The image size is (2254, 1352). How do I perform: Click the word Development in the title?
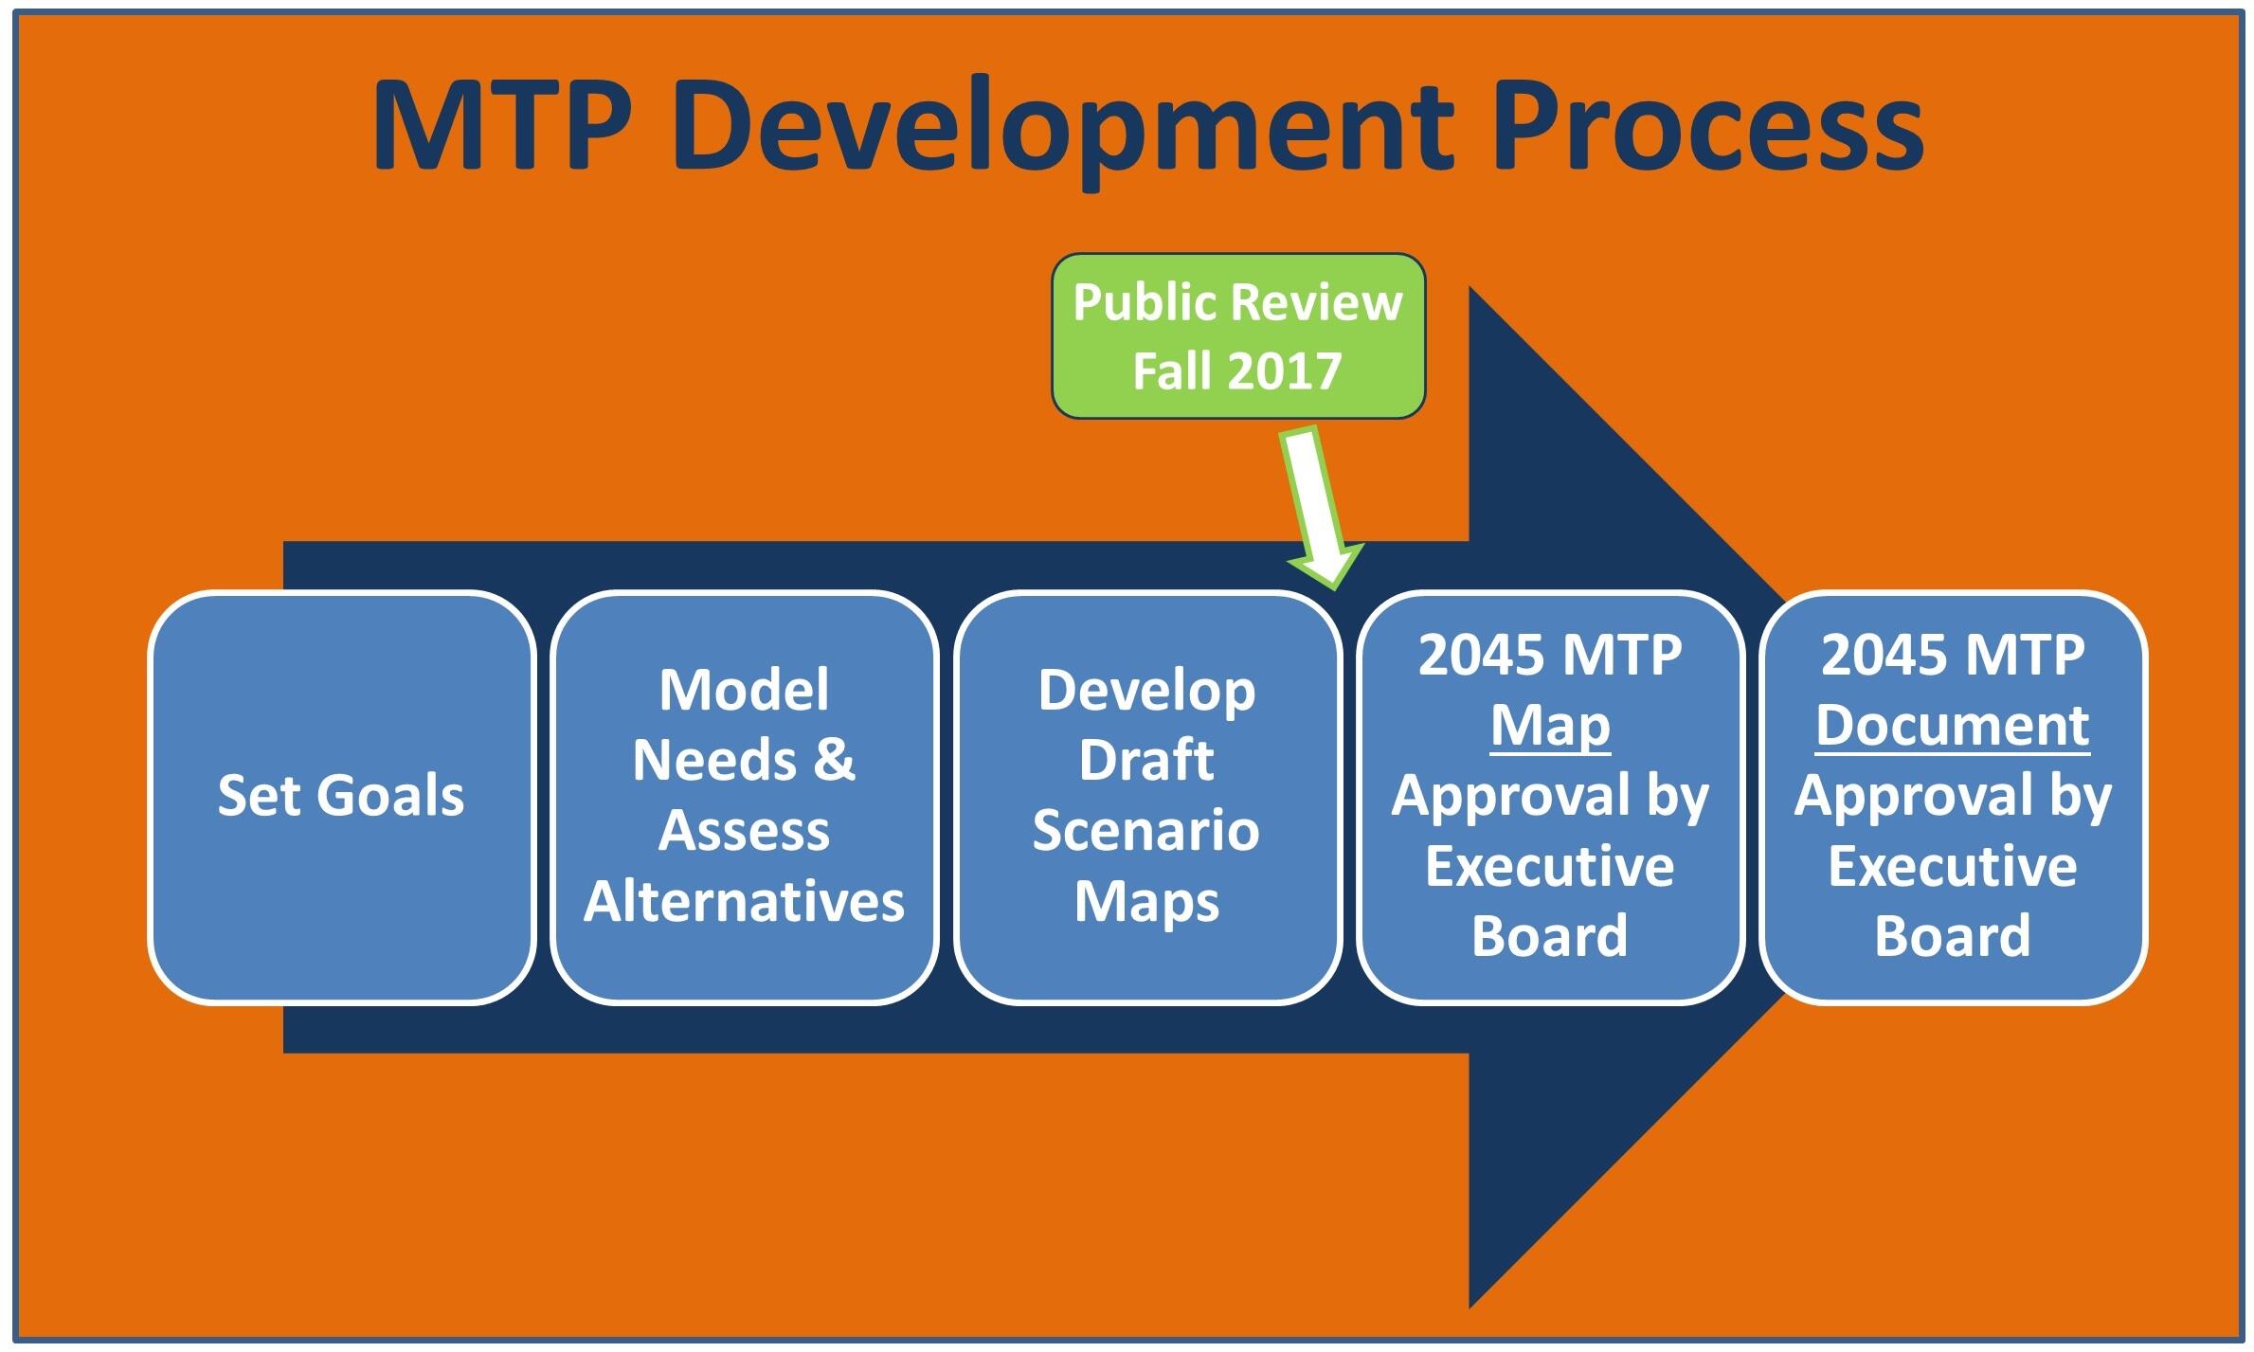point(1064,128)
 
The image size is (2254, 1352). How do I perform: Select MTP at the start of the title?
point(502,126)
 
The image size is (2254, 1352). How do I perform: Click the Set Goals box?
point(341,796)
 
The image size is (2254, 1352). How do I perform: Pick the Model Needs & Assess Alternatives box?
point(744,796)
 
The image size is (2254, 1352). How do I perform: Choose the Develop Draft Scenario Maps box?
point(1146,796)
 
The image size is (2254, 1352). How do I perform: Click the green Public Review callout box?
point(1238,335)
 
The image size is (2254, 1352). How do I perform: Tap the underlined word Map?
point(1550,728)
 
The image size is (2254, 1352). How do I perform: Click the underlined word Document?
point(1953,726)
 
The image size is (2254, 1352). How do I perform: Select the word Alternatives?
point(744,901)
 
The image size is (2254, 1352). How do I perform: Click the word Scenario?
point(1146,831)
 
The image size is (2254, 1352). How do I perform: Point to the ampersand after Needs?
point(834,761)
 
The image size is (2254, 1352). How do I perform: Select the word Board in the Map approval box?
point(1550,936)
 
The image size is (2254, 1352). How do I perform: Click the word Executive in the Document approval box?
point(1953,866)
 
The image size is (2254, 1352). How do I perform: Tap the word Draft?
point(1146,761)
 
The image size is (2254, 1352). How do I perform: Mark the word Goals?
point(390,796)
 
